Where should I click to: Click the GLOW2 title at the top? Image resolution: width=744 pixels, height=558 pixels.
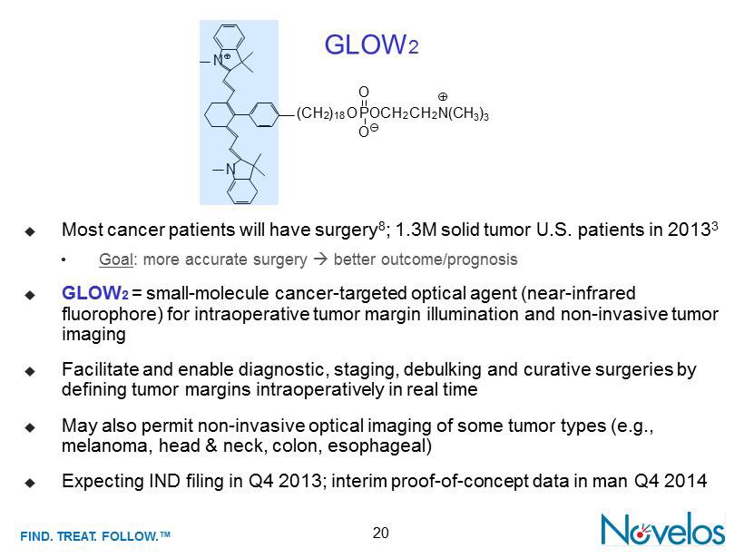(371, 44)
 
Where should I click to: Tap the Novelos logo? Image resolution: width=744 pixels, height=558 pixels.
(663, 529)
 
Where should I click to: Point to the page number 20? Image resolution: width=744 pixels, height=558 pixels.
(380, 533)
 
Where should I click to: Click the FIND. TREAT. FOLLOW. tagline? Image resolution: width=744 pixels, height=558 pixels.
(95, 536)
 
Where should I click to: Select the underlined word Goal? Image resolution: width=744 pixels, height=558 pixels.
(116, 259)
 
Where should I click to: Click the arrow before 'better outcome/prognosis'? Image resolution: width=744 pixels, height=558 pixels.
(321, 259)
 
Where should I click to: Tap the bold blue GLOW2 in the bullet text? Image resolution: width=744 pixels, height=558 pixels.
(95, 293)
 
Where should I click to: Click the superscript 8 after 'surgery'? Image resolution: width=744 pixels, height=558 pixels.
(381, 225)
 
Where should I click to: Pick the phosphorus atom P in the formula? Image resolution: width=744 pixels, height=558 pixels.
(364, 113)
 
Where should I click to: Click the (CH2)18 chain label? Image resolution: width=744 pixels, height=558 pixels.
(321, 113)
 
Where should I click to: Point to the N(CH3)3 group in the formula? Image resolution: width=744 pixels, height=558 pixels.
(464, 113)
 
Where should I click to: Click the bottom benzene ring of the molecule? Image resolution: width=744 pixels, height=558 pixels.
(242, 191)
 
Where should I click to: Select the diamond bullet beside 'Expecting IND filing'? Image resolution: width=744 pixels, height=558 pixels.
(30, 483)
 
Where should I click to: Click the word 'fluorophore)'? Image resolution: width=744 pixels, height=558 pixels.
(113, 314)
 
